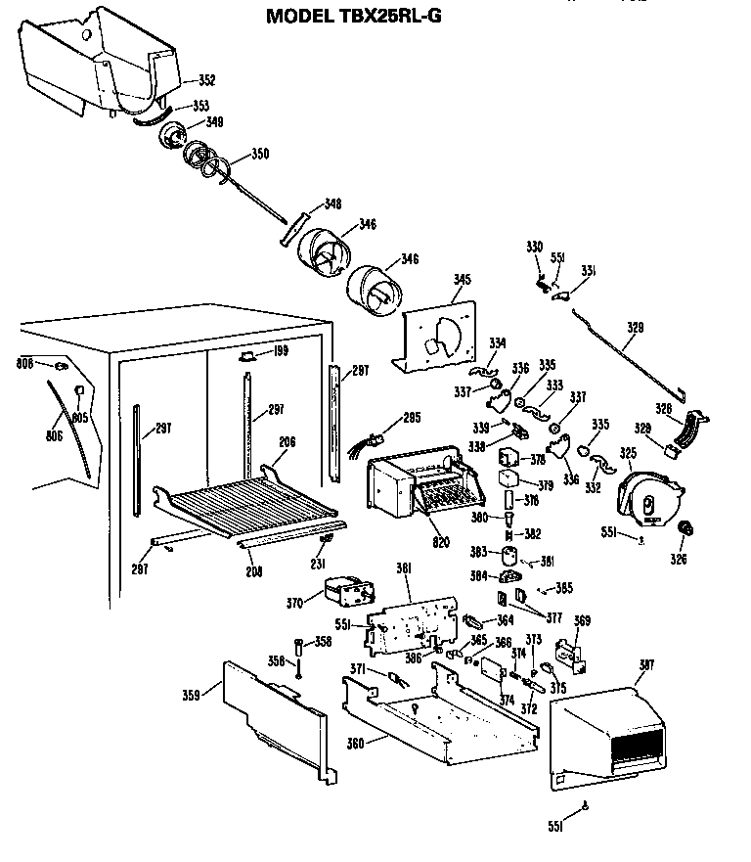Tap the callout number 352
pyautogui.click(x=206, y=80)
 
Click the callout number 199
pyautogui.click(x=282, y=351)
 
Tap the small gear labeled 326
pyautogui.click(x=685, y=531)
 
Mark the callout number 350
pyautogui.click(x=259, y=154)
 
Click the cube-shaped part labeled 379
pyautogui.click(x=508, y=479)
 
